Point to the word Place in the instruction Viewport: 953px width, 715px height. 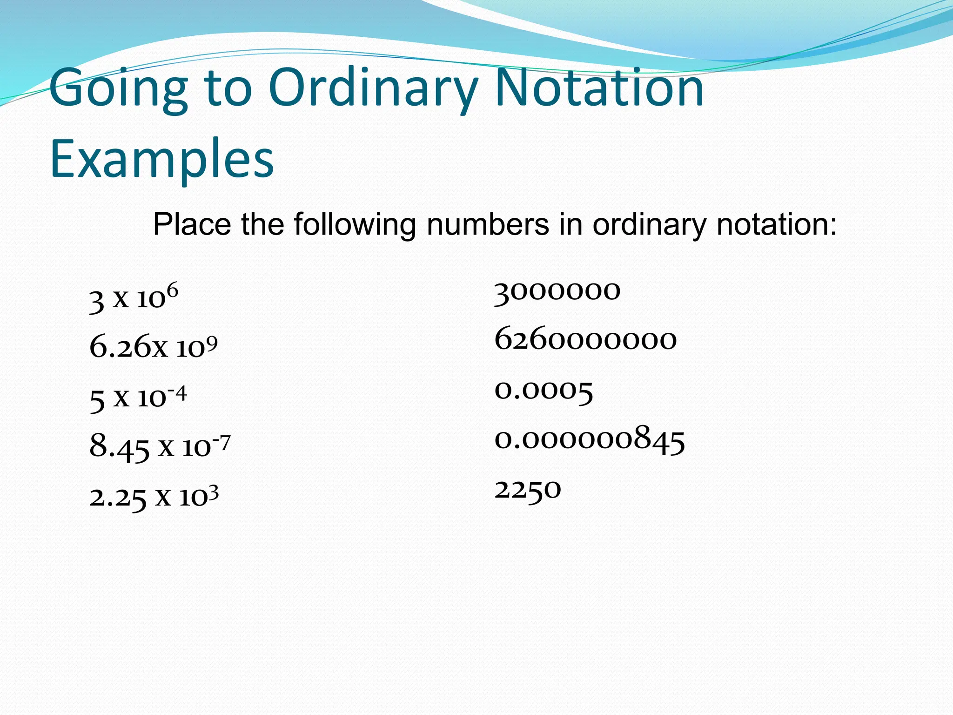coord(192,224)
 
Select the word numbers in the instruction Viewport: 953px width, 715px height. coord(488,224)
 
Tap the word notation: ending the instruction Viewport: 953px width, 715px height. coord(777,224)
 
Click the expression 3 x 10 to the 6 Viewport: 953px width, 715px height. coord(134,298)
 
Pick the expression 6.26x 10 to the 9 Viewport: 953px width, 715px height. coord(153,347)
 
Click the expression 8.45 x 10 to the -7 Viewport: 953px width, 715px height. coord(160,447)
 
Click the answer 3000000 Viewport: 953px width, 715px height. coord(557,291)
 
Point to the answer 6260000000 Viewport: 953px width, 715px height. coord(585,340)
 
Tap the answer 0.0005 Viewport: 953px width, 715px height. coord(544,390)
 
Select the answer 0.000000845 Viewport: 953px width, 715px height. coord(590,439)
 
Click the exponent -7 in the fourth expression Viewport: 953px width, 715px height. coord(221,442)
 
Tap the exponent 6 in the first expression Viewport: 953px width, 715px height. coord(172,291)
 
